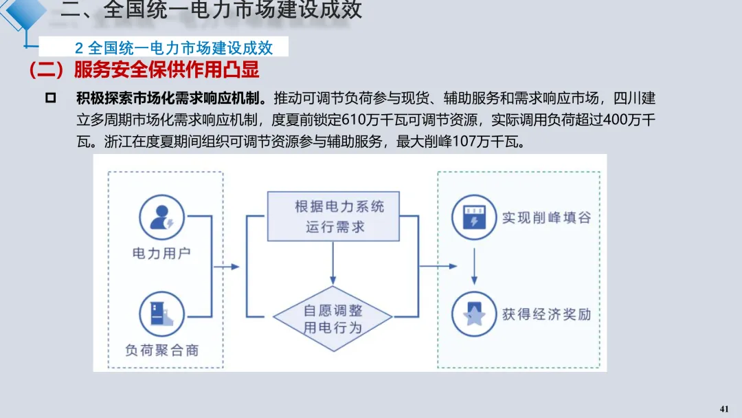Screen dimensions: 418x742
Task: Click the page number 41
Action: click(x=723, y=409)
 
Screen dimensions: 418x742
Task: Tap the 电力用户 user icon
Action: click(x=162, y=217)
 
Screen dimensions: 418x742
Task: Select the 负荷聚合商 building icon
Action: click(x=162, y=313)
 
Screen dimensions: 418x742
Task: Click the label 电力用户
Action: click(x=161, y=253)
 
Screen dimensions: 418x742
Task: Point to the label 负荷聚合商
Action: click(x=161, y=350)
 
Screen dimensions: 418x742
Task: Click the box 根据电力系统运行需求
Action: click(x=333, y=216)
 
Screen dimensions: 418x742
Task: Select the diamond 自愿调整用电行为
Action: click(x=333, y=318)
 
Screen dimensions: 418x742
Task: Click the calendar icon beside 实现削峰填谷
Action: click(x=474, y=217)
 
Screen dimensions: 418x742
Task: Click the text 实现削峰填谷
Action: click(x=546, y=218)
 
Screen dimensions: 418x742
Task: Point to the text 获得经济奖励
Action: click(x=546, y=315)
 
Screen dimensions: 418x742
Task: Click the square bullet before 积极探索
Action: click(x=50, y=98)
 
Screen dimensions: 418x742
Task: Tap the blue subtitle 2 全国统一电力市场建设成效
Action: click(x=174, y=47)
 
